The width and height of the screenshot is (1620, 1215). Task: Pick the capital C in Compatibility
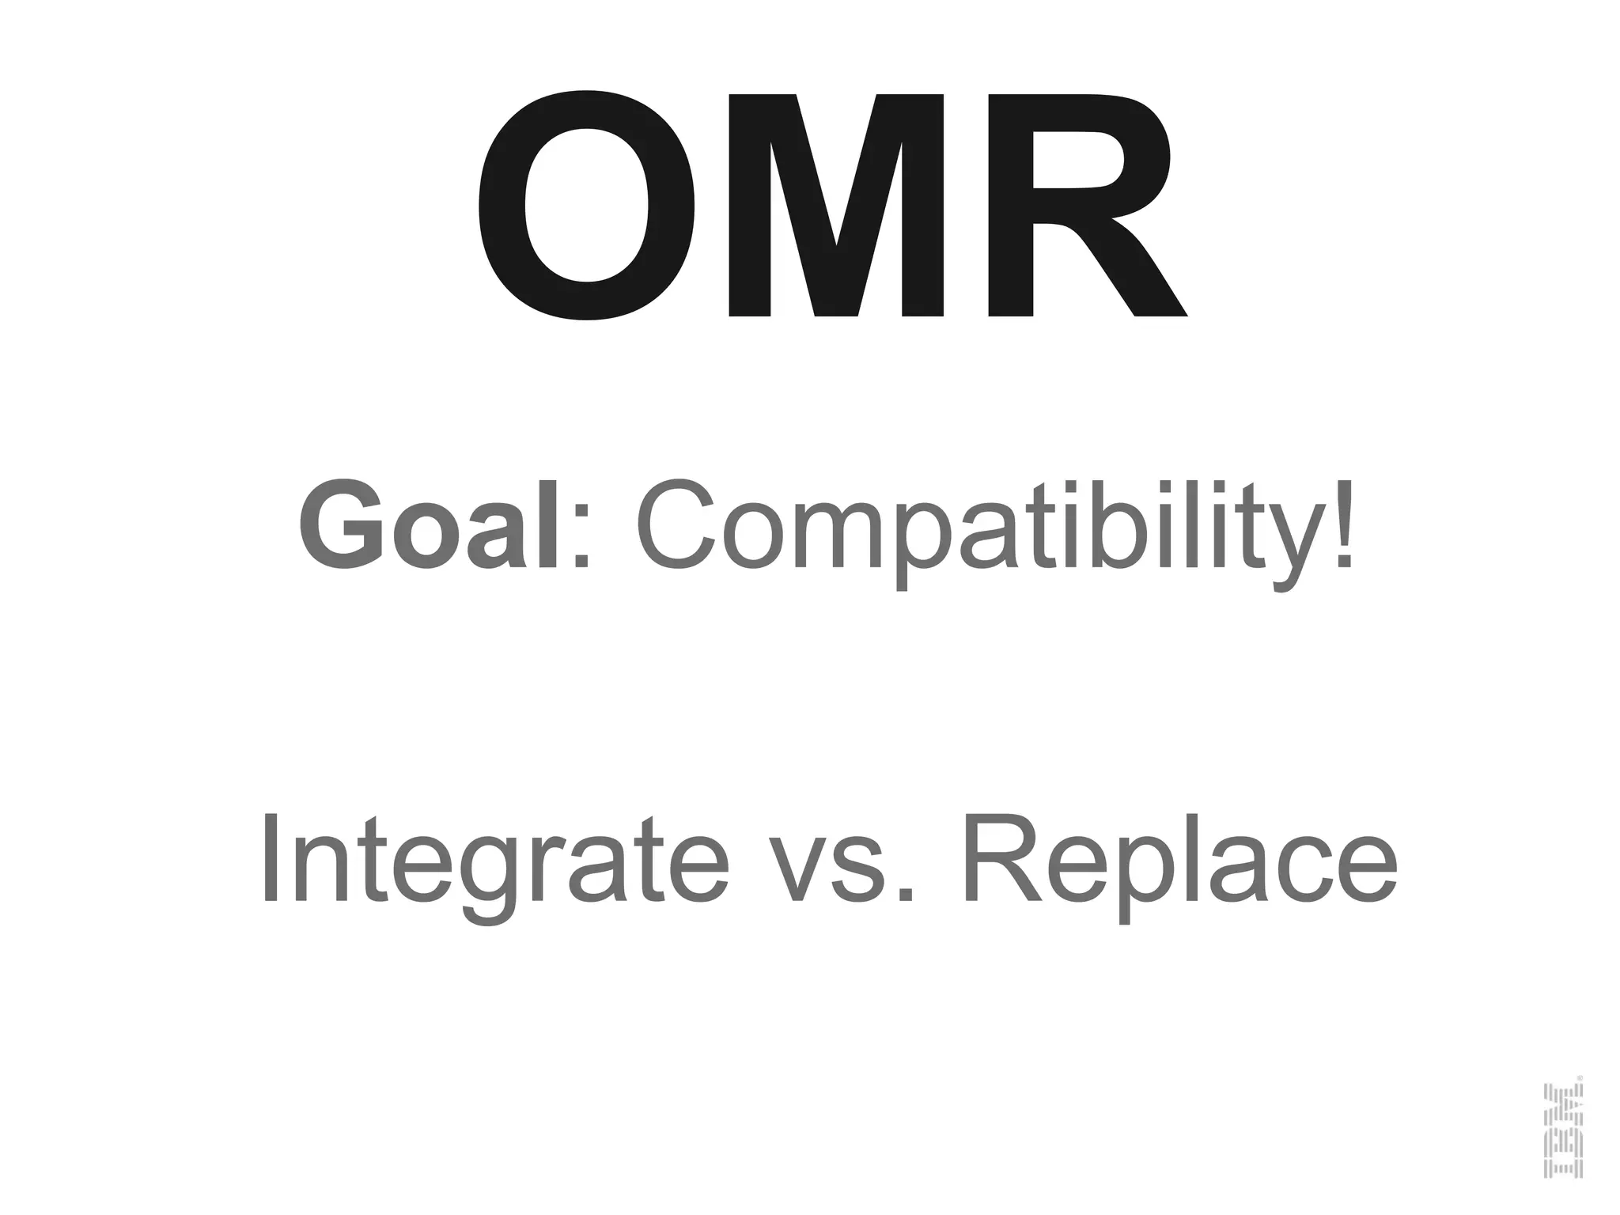(675, 525)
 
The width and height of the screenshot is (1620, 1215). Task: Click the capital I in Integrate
(271, 857)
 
